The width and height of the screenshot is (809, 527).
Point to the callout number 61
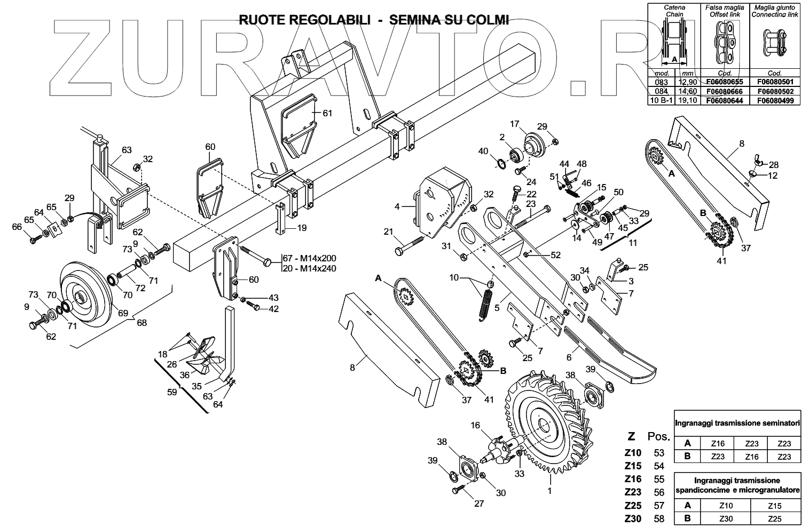coord(327,113)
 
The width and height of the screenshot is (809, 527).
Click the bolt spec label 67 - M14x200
coord(309,259)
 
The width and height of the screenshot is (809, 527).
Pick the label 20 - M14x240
coord(309,268)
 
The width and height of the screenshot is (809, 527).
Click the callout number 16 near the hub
coord(475,425)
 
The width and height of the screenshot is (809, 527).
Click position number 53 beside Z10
coord(659,453)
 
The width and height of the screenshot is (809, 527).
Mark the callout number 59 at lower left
coord(171,392)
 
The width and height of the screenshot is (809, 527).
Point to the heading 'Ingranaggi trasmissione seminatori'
coord(737,423)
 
